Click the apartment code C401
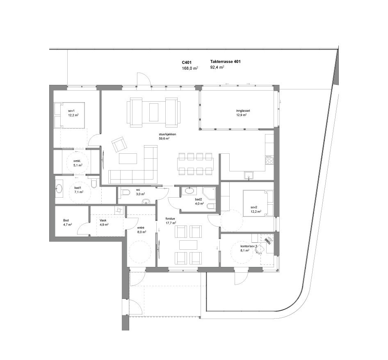coord(187,62)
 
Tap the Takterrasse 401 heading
coord(225,62)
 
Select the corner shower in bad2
coord(210,193)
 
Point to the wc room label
coord(127,190)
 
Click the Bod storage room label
coord(66,220)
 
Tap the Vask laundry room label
coord(103,220)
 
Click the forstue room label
coord(170,219)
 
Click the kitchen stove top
coord(269,159)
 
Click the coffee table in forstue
coord(188,245)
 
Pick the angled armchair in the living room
coord(119,144)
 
